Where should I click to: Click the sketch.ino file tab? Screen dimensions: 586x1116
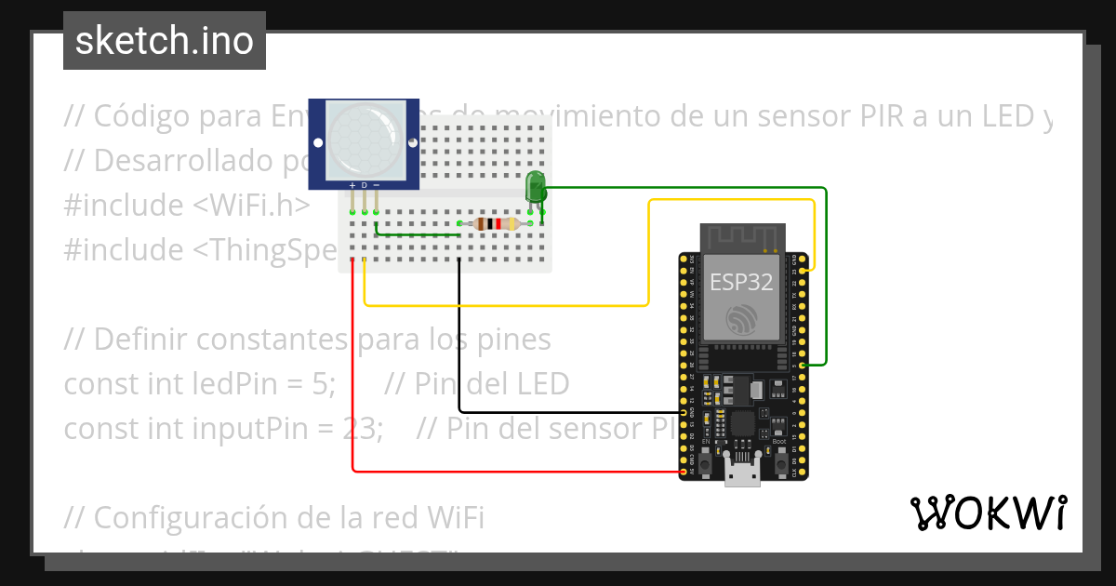point(164,41)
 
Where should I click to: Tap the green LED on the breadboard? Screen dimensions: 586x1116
point(536,186)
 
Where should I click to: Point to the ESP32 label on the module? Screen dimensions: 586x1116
point(741,283)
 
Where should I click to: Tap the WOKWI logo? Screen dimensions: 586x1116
point(988,513)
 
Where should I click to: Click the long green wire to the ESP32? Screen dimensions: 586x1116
point(826,279)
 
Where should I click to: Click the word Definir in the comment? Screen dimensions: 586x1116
point(141,340)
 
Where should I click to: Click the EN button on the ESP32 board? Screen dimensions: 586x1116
point(705,460)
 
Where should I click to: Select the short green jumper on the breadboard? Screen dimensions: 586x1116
point(418,234)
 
